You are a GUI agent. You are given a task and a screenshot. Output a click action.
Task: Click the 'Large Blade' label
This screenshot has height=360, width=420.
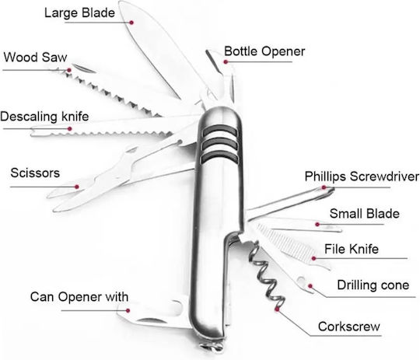[x=79, y=13]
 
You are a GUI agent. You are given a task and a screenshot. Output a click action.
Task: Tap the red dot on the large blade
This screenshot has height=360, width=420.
[x=131, y=23]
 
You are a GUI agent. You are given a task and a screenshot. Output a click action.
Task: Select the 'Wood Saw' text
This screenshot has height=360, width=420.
[x=35, y=58]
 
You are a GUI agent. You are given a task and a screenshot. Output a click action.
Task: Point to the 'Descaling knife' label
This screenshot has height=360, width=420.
[x=44, y=117]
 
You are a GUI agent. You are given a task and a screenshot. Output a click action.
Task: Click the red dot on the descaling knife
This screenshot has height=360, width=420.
[x=70, y=129]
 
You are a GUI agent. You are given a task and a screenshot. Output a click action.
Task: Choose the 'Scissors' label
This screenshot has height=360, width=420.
[x=35, y=173]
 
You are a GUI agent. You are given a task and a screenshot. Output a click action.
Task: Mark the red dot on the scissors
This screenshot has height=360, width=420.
[x=77, y=187]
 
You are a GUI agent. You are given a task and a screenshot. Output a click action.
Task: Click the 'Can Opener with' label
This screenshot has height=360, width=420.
[x=79, y=297]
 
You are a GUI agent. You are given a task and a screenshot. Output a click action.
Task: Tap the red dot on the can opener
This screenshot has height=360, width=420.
[x=128, y=311]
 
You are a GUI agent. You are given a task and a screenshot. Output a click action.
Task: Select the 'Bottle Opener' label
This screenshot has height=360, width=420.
[x=264, y=51]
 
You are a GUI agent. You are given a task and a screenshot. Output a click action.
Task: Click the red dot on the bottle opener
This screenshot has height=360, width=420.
[x=226, y=62]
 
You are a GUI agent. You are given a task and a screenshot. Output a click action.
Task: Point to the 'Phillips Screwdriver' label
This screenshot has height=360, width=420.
[x=362, y=177]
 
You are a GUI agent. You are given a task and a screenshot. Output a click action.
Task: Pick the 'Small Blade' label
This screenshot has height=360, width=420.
[x=365, y=214]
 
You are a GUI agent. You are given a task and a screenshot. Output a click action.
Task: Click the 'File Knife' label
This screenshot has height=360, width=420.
[x=352, y=249]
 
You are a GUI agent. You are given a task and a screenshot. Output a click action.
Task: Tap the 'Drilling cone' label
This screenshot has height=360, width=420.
[x=373, y=285]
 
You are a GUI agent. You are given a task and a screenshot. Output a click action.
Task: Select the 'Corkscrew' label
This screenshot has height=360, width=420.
[x=349, y=327]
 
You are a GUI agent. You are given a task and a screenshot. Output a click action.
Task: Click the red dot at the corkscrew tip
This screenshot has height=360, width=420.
[x=277, y=309]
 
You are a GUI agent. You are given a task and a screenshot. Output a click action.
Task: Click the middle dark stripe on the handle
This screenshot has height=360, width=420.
[x=220, y=144]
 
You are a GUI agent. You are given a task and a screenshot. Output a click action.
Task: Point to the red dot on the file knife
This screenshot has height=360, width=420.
[x=313, y=258]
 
